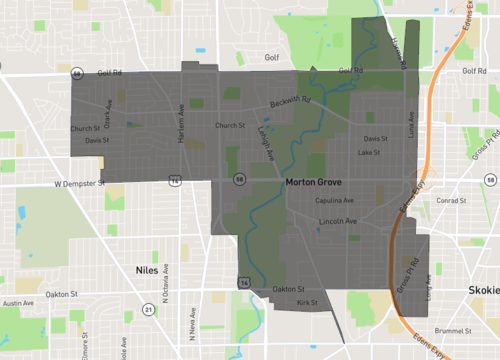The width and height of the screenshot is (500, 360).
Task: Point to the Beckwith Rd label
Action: [x=289, y=102]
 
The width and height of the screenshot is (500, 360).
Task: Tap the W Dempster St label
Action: [x=78, y=184]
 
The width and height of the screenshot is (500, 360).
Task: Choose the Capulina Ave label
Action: [x=335, y=200]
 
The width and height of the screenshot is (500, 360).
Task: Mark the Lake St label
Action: [x=369, y=152]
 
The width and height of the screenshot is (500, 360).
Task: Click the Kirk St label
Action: [x=307, y=301]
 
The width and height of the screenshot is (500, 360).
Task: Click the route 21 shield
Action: [x=148, y=310]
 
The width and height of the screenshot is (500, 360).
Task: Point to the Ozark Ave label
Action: [x=108, y=115]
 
